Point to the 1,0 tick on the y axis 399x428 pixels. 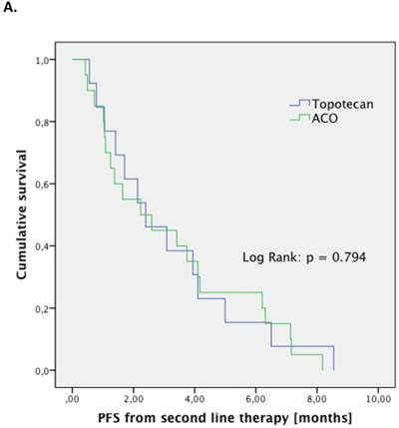[45, 61]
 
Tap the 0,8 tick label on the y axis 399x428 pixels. [45, 123]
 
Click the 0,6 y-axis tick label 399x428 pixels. [45, 185]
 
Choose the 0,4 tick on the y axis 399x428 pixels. [45, 246]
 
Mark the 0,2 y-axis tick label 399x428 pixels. [45, 309]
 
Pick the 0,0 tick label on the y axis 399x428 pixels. [45, 371]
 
